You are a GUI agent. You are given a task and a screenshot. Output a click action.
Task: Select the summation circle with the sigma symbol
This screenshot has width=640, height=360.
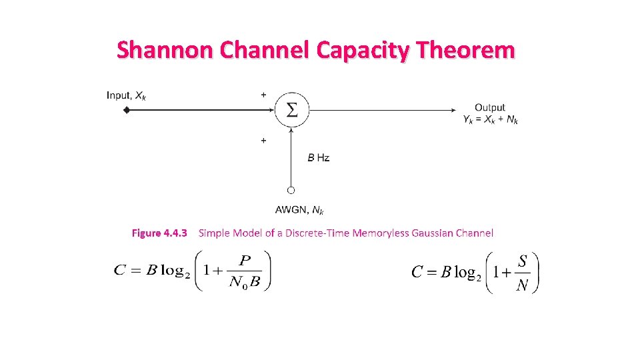(291, 109)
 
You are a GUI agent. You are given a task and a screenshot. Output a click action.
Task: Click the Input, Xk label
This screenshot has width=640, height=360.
(126, 95)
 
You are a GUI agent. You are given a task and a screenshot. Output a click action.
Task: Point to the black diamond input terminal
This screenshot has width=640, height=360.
(126, 110)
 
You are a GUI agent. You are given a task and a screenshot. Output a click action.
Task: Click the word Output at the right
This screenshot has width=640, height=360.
(490, 107)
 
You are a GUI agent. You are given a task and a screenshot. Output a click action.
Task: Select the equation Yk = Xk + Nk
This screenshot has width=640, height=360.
(491, 119)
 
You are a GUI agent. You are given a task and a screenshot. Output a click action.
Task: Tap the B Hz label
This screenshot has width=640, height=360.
(318, 158)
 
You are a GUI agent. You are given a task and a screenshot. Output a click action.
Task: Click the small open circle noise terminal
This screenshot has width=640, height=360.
(291, 190)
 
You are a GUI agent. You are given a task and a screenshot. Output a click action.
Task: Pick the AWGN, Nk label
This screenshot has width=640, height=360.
(299, 210)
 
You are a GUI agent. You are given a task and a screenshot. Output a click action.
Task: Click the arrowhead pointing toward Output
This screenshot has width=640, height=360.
(456, 110)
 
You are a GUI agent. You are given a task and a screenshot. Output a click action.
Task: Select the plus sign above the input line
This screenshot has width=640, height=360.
(263, 95)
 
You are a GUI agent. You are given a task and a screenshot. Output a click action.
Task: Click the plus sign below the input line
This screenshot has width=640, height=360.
(263, 141)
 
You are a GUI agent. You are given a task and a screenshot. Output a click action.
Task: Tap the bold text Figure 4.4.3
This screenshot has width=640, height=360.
(160, 233)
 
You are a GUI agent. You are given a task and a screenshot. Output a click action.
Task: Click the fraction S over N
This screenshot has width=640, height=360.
(522, 273)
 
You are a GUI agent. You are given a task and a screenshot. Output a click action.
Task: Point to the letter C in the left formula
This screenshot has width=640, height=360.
(120, 270)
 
